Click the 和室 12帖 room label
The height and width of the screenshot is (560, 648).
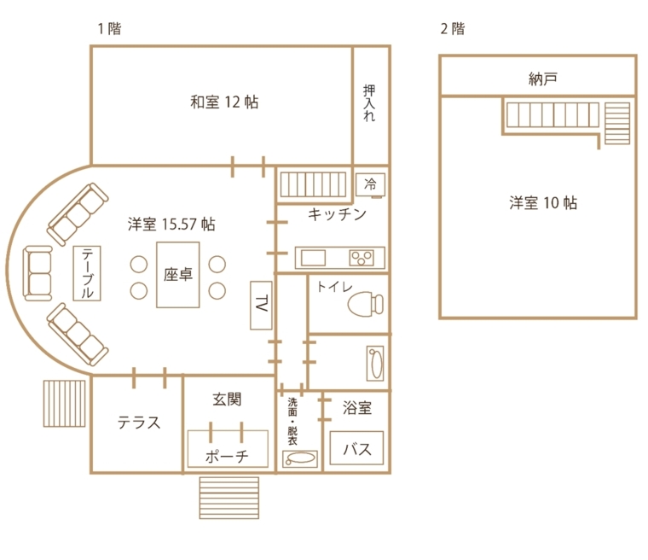[x=223, y=102]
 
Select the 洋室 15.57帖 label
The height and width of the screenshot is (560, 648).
[x=171, y=225]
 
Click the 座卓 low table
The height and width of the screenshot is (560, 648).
[x=177, y=276]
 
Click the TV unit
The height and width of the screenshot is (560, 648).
[x=261, y=304]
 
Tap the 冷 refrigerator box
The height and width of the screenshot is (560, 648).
[x=371, y=184]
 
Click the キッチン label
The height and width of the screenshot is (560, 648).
[x=337, y=214]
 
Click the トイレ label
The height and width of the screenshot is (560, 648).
[x=334, y=286]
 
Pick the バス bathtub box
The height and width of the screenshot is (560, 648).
[x=356, y=449]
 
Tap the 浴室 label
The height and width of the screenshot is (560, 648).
[x=356, y=408]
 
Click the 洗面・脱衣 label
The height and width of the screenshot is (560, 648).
[x=292, y=422]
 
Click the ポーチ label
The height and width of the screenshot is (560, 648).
[x=227, y=457]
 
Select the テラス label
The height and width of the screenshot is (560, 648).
[x=138, y=423]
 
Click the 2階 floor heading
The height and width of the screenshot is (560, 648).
[x=452, y=28]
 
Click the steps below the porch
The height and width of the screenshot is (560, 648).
[x=228, y=496]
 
